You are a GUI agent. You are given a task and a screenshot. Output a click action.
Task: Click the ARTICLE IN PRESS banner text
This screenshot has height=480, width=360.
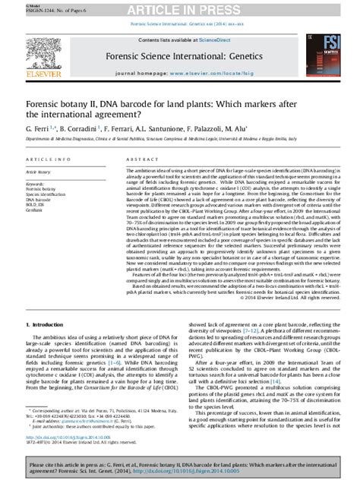click(x=179, y=8)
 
